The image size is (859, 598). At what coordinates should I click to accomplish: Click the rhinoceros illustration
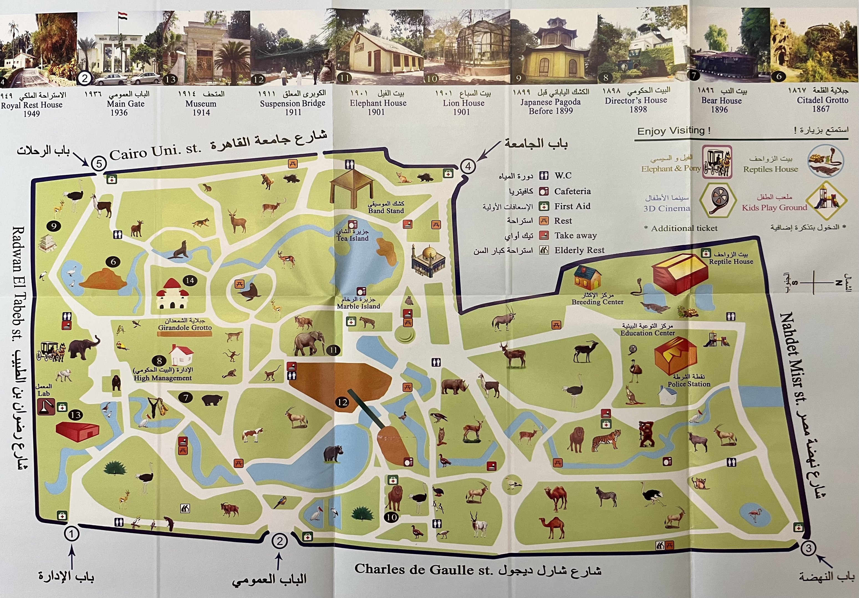click(x=454, y=386)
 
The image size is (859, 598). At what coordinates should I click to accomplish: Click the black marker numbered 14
click(x=190, y=280)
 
